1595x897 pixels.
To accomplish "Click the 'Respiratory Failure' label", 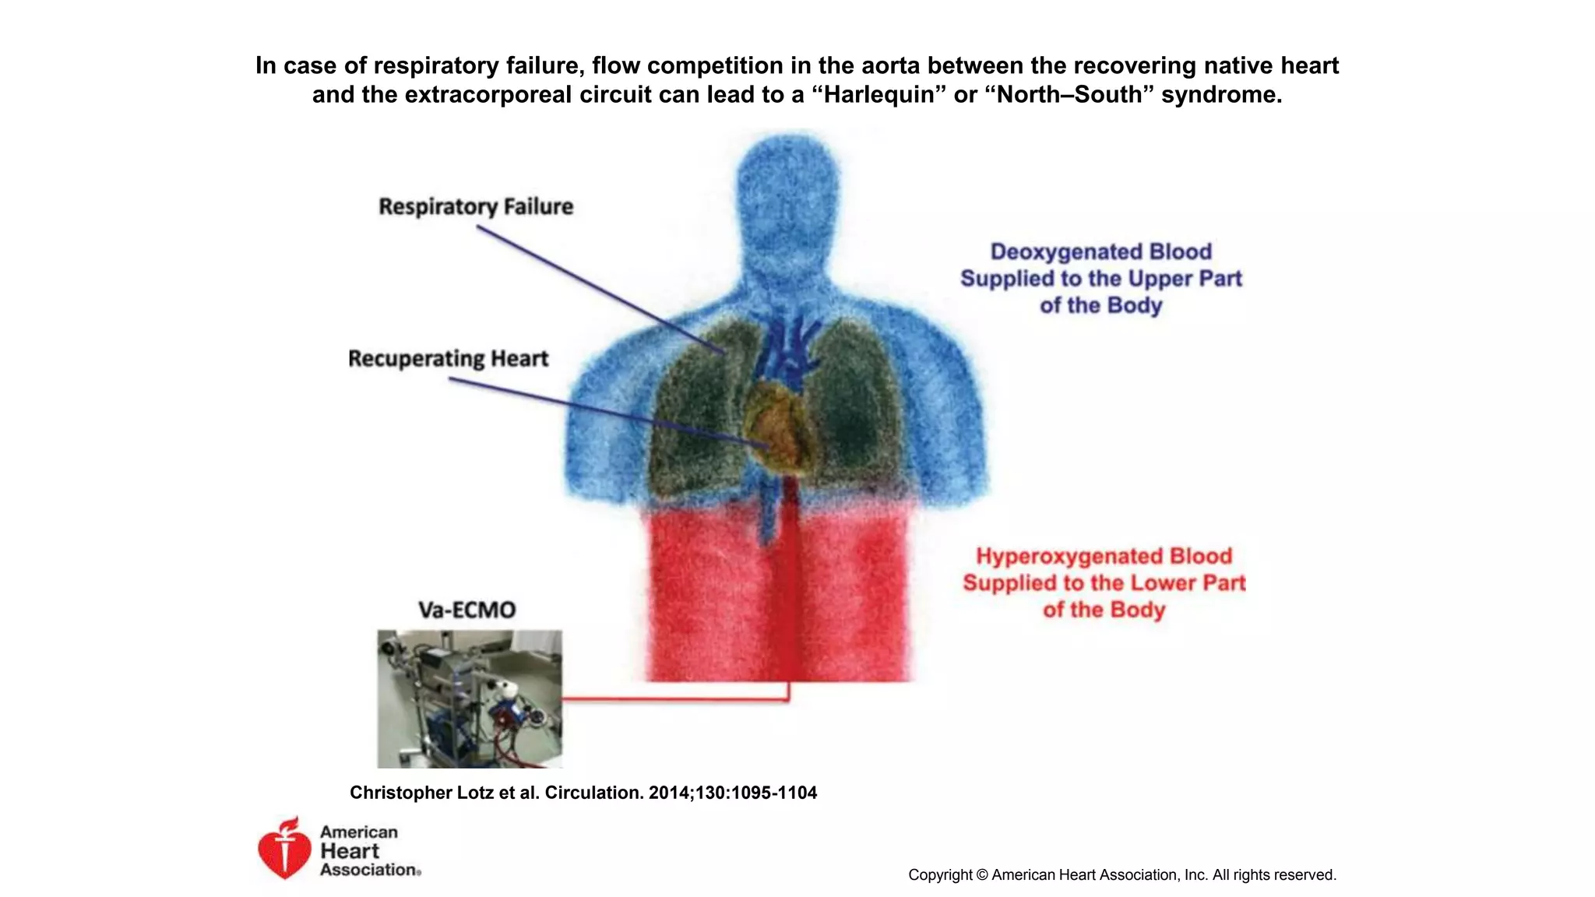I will point(476,206).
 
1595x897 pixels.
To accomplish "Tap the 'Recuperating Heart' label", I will point(448,358).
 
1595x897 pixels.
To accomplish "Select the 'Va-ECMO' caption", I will point(467,610).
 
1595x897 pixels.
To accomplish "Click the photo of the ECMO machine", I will point(470,698).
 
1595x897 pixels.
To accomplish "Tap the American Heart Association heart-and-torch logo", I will point(284,849).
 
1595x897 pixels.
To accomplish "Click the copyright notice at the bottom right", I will point(1121,874).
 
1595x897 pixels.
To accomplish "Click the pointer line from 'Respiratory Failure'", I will point(600,289).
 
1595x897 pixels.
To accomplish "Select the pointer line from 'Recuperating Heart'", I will point(607,413).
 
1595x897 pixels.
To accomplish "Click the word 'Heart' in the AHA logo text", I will point(350,851).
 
